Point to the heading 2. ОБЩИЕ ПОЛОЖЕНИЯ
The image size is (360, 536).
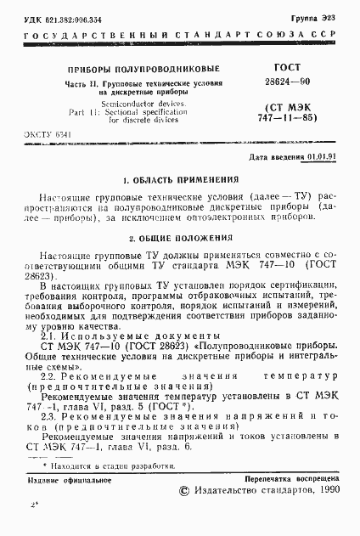point(179,239)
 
